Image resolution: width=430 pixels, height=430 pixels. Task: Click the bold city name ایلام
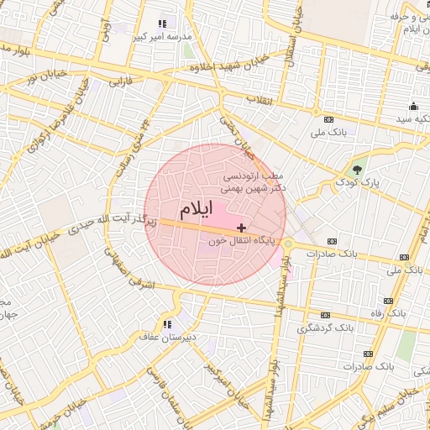(x=196, y=207)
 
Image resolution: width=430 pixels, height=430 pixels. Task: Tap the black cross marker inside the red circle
(x=242, y=228)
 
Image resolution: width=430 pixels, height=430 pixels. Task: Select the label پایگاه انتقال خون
(x=231, y=240)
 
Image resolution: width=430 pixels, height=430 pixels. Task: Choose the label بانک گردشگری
(x=326, y=328)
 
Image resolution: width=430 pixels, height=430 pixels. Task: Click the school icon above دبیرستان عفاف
(x=167, y=323)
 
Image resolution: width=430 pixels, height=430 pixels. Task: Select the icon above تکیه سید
(x=413, y=107)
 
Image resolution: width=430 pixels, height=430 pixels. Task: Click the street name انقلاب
(x=263, y=99)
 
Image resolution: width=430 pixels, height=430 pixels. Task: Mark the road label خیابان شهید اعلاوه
(x=228, y=62)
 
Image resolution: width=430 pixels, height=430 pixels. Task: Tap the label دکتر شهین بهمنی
(x=255, y=188)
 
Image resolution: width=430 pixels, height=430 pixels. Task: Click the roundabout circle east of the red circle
(x=287, y=244)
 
